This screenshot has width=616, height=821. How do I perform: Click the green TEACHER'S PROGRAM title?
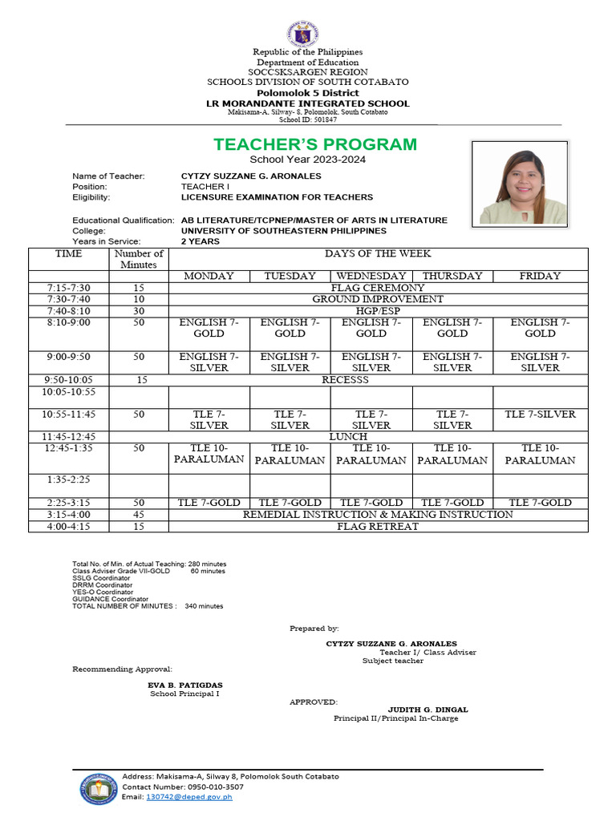point(315,144)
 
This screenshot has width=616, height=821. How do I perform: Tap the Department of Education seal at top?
point(307,34)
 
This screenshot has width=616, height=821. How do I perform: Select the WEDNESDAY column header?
point(371,276)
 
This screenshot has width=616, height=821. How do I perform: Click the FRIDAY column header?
point(540,276)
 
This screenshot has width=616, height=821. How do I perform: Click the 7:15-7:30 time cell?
point(68,287)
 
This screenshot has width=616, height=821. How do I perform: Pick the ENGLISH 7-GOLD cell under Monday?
point(209,328)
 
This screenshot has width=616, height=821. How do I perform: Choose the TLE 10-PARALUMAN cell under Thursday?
point(452,455)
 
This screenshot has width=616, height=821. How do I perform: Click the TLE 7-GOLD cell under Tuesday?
point(290,503)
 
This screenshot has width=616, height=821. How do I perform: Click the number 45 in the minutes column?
point(139,515)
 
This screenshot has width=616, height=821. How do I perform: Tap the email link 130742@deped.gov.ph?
point(188,797)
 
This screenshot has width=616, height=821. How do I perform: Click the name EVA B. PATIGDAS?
point(185,685)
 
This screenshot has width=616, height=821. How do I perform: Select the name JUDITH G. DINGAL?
point(428,710)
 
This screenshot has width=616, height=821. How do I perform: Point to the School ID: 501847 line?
point(307,119)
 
